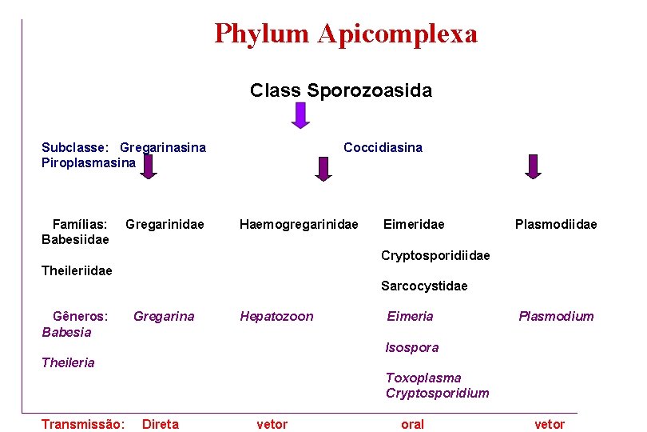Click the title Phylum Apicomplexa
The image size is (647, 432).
(346, 34)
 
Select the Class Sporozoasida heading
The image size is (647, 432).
(341, 90)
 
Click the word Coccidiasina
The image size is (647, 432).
(383, 147)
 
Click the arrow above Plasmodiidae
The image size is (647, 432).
(533, 166)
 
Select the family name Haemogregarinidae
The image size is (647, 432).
(299, 225)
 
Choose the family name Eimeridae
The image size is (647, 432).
(414, 225)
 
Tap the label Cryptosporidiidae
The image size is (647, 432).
(435, 256)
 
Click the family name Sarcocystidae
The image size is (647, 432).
(424, 286)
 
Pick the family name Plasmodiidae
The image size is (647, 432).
(556, 225)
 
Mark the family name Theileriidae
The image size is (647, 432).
(77, 271)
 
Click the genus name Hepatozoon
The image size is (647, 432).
(276, 317)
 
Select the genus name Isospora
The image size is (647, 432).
(412, 348)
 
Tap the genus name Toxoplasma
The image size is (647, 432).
(423, 378)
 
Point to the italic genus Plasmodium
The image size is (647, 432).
(556, 317)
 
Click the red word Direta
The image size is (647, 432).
(161, 425)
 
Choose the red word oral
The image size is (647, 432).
(412, 425)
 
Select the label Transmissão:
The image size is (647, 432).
(83, 425)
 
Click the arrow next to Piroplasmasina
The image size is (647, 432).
(148, 166)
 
